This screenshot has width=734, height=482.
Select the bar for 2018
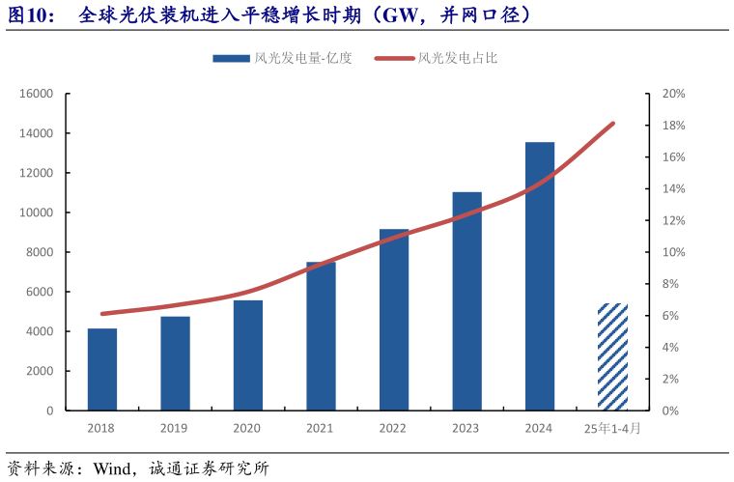(x=102, y=370)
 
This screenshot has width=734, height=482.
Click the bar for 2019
(x=175, y=363)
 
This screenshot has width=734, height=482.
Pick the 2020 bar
(x=248, y=355)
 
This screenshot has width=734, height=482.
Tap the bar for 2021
(x=321, y=336)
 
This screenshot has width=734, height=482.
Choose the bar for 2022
(x=394, y=320)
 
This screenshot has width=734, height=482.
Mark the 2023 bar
(x=466, y=301)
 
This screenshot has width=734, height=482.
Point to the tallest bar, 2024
(x=540, y=276)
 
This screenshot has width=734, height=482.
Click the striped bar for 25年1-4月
(x=612, y=357)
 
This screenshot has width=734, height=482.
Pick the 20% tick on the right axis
(x=673, y=94)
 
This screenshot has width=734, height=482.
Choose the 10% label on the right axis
(x=673, y=252)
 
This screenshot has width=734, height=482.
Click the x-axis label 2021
(x=321, y=428)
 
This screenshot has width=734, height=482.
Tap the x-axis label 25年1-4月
(x=612, y=428)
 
